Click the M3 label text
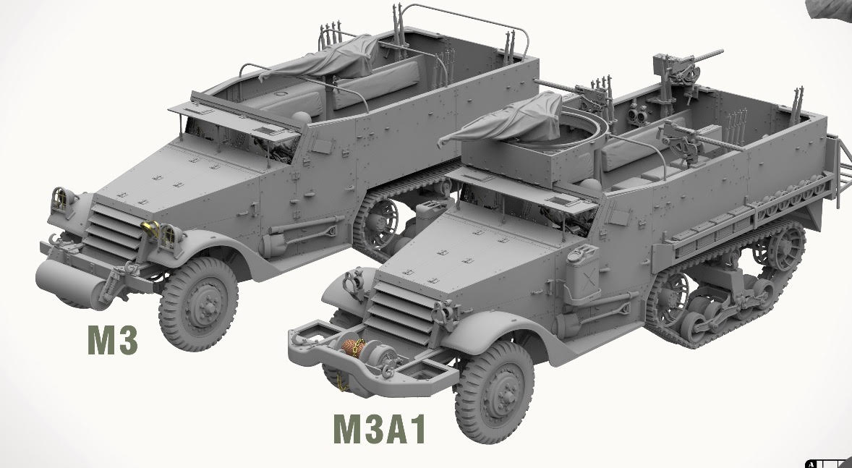point(112,340)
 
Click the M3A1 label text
point(379,428)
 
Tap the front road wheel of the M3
point(198,303)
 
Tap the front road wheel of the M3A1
point(495,391)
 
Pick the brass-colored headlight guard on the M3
point(152,229)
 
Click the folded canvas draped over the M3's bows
point(325,58)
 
